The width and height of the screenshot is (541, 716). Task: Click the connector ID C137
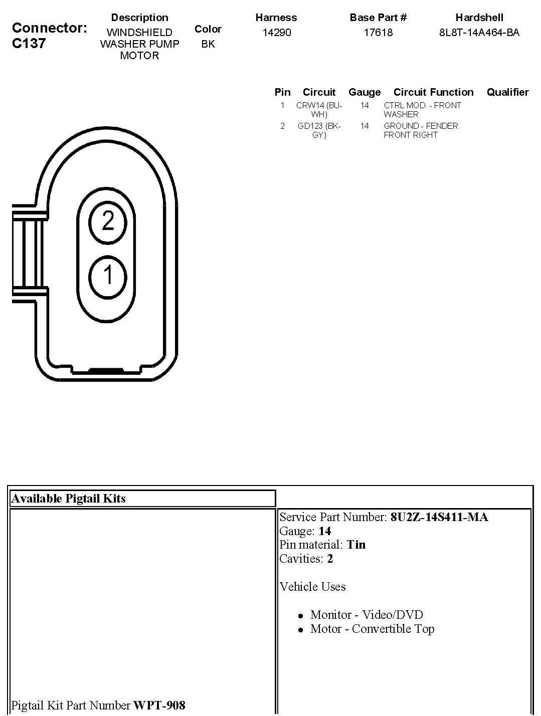29,43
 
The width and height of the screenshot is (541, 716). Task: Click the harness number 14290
276,32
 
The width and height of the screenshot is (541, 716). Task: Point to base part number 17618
378,32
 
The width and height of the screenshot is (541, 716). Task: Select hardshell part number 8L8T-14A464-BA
479,32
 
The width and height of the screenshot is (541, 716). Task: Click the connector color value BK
208,44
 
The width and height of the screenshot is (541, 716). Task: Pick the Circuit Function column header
433,92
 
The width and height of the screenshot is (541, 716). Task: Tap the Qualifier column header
508,92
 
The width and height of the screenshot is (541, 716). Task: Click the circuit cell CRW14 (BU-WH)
319,110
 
